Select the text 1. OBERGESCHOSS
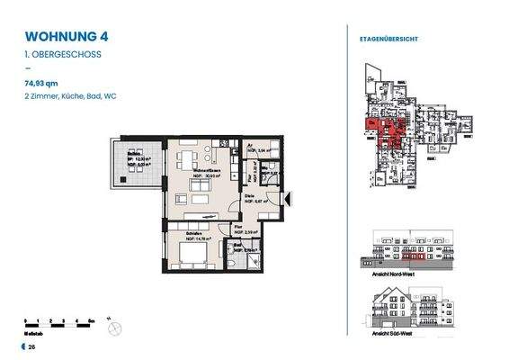click(62, 55)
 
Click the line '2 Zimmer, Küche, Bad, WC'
click(71, 95)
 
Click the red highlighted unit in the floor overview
click(381, 133)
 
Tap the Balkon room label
click(132, 150)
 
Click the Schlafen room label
click(181, 233)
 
